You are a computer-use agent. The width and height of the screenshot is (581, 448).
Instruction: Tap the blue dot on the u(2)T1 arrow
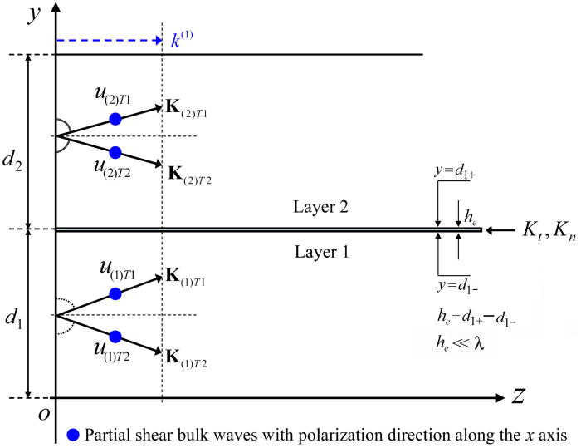[115, 119]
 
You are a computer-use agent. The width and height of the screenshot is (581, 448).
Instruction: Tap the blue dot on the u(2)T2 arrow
[115, 152]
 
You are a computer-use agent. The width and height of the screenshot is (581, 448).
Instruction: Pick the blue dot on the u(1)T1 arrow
[115, 293]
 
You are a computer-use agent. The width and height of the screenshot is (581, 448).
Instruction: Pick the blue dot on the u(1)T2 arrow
[115, 336]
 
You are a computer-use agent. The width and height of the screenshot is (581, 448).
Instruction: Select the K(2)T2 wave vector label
[190, 174]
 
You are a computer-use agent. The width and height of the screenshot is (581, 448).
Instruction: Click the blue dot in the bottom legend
[75, 433]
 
